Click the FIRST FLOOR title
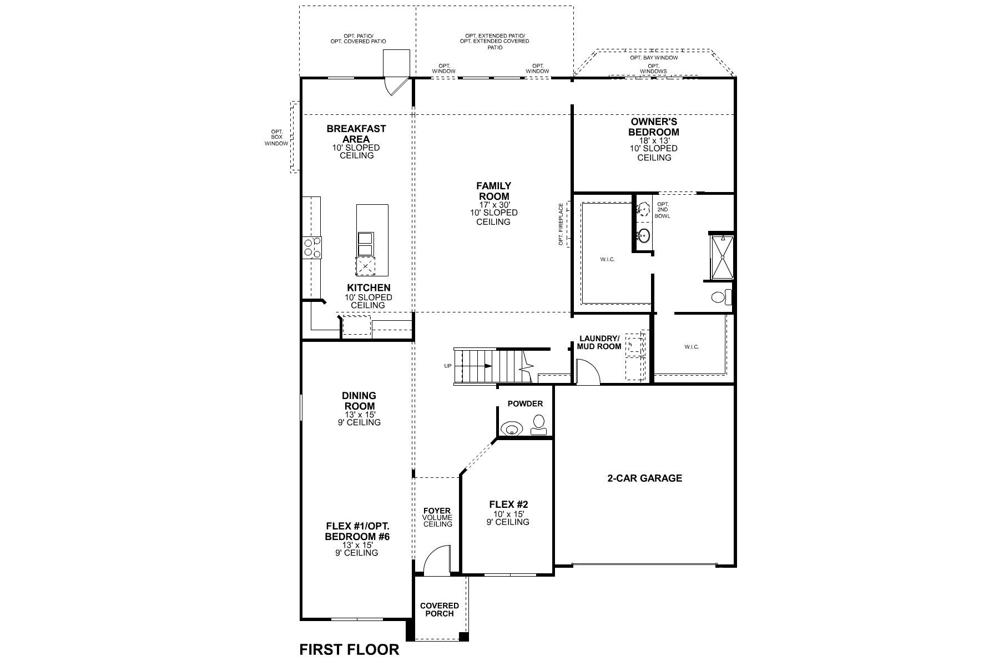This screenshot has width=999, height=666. click(x=349, y=649)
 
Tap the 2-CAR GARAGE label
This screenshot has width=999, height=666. click(x=644, y=478)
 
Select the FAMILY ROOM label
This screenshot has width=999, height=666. click(x=493, y=191)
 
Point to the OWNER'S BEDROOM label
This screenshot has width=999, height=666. click(x=654, y=127)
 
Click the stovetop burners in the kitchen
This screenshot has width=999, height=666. click(x=311, y=246)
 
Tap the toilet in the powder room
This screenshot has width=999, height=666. click(x=538, y=426)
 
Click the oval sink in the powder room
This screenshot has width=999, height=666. click(x=511, y=429)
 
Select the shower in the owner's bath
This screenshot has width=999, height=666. click(x=722, y=257)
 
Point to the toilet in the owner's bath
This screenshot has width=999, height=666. click(x=722, y=297)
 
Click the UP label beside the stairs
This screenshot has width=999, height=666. click(x=448, y=366)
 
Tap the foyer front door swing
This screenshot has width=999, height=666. click(x=437, y=558)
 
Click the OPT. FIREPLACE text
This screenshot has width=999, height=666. click(x=561, y=224)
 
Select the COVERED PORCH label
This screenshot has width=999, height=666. click(x=440, y=609)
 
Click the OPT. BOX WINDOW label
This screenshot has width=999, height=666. click(x=276, y=137)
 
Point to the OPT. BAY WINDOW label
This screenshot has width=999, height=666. click(x=654, y=58)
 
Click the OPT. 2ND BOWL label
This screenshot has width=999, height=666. click(x=662, y=210)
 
